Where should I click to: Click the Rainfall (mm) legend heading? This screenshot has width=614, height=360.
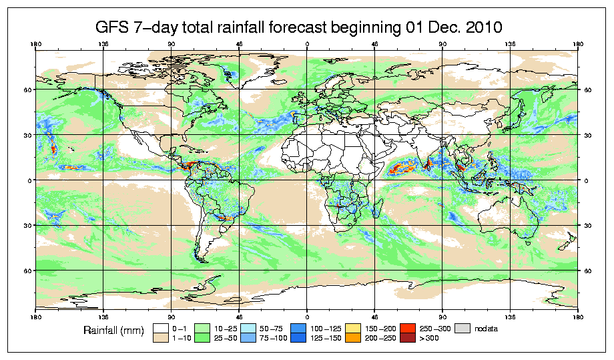[112, 331]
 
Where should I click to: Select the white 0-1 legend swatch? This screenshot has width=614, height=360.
[160, 328]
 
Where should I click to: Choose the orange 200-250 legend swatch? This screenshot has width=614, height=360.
[352, 339]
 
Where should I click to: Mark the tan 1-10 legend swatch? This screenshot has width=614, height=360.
[160, 339]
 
